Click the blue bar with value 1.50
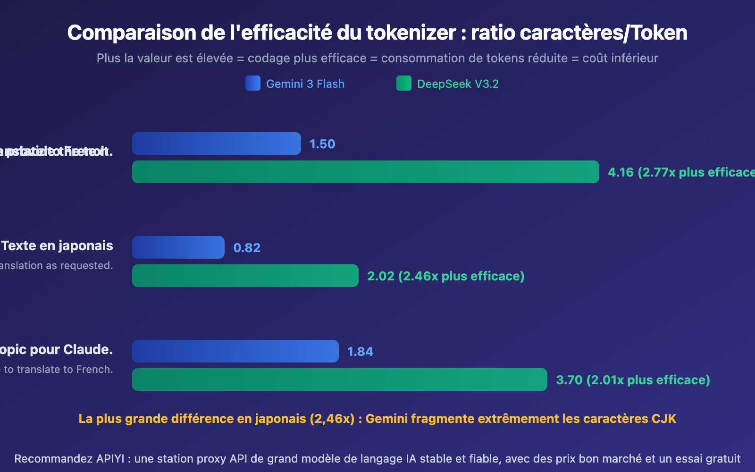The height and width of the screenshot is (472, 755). tap(216, 143)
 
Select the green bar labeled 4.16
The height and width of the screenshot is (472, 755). tap(365, 172)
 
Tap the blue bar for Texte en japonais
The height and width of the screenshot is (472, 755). tap(178, 247)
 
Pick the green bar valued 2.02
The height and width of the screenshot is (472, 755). tap(245, 276)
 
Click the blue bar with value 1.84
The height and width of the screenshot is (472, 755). tap(235, 351)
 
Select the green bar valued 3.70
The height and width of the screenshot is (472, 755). tap(339, 379)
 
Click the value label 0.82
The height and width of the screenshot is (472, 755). tap(247, 248)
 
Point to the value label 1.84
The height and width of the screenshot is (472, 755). tap(360, 352)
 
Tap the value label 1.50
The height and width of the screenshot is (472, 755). tap(322, 144)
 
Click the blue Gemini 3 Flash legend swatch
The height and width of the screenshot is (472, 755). tap(253, 83)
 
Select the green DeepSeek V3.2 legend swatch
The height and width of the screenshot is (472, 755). tap(404, 83)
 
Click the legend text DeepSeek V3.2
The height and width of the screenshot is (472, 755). tap(458, 84)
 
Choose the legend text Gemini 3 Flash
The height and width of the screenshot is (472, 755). tap(305, 84)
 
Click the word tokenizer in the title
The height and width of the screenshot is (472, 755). tap(411, 33)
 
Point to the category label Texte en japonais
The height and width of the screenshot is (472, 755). tap(57, 246)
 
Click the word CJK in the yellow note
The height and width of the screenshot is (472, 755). tap(663, 419)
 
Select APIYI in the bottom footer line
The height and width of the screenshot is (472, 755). tap(110, 459)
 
